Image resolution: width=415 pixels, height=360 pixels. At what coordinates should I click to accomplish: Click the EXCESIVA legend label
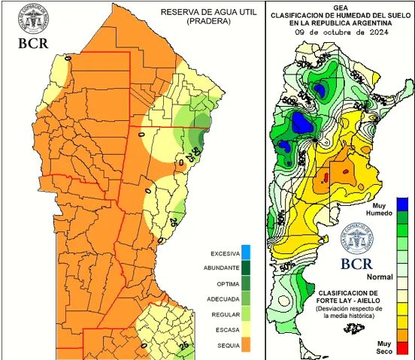pyautogui.click(x=225, y=253)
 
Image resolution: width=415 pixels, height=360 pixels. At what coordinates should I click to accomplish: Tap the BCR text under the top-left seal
pyautogui.click(x=32, y=42)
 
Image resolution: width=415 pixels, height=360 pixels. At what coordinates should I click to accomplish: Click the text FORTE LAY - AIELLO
pyautogui.click(x=347, y=300)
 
